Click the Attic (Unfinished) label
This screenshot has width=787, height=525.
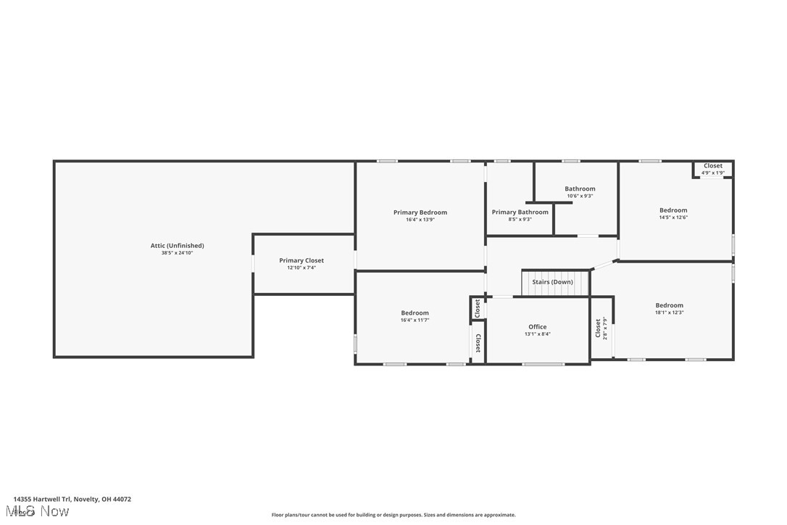point(177,246)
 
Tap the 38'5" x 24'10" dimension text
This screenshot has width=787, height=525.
point(177,253)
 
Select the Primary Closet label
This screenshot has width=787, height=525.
point(301,260)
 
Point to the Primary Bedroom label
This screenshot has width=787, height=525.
point(420,212)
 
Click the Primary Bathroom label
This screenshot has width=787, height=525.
point(520,212)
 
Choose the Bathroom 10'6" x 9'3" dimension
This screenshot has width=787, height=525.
point(580,196)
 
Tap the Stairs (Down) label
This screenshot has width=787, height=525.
point(552,282)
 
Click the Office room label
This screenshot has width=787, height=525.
point(537,327)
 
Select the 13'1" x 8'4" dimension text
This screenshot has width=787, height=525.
point(537,334)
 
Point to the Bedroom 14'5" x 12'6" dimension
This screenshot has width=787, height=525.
point(673,218)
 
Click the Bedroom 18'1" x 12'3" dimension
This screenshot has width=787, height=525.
point(669,313)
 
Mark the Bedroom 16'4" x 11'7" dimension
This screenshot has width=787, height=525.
point(415,321)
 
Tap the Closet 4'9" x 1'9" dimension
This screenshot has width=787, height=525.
point(712,173)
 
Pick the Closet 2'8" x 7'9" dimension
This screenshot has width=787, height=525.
point(606,328)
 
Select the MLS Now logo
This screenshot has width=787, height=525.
point(41,512)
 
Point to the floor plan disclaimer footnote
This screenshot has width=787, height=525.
point(393,515)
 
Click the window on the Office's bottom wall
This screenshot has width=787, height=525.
point(543,364)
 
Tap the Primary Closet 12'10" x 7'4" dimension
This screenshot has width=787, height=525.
point(301,268)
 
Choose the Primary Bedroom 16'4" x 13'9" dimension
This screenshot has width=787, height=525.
point(420,220)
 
